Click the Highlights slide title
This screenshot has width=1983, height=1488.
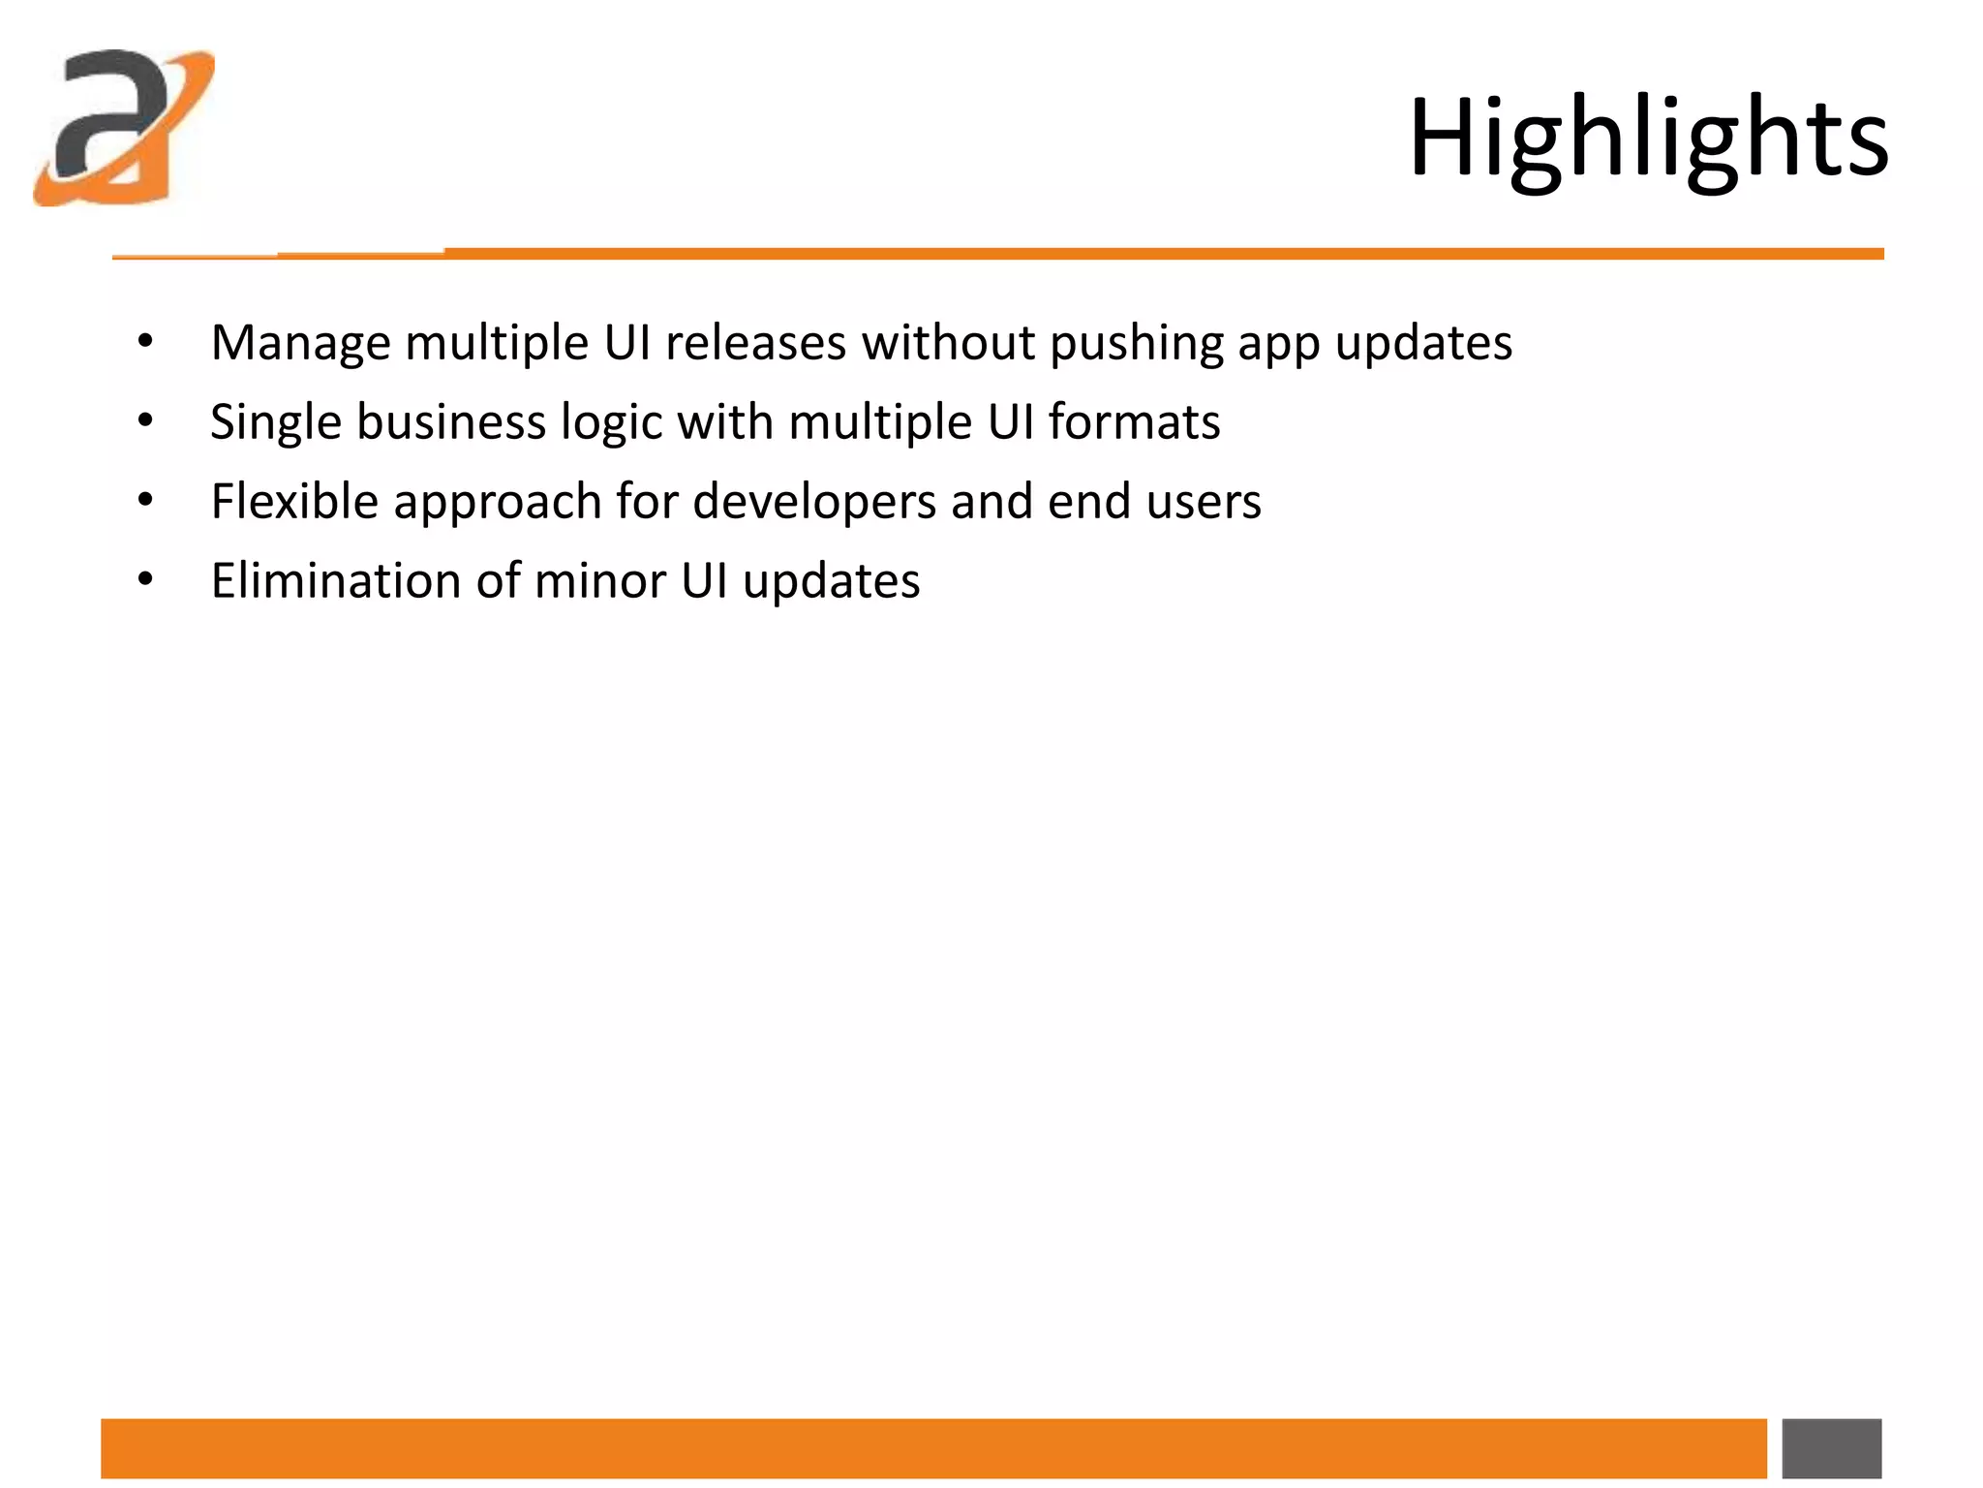click(1648, 139)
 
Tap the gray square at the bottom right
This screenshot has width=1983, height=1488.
click(1831, 1448)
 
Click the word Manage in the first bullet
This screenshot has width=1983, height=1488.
click(300, 344)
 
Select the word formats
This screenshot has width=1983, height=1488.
click(1134, 422)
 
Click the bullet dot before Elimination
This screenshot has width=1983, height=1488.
click(145, 580)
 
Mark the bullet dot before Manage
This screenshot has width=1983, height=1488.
click(145, 342)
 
